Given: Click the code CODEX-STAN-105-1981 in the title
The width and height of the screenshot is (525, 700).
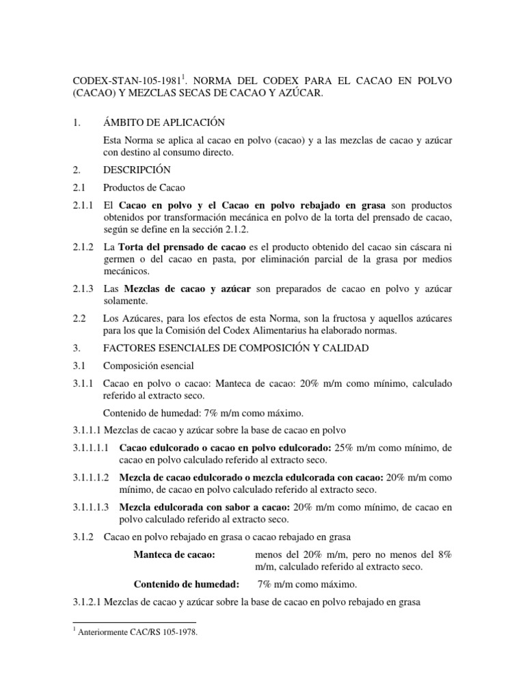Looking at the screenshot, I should pos(126,81).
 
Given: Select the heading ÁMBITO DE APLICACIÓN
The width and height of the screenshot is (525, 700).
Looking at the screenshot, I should pos(163,122).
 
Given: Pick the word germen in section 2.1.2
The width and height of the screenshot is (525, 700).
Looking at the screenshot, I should pos(120,259).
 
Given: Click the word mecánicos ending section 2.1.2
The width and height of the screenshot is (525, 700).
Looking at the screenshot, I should pos(126,271).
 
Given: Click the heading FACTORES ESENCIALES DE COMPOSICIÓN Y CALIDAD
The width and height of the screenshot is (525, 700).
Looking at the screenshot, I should pos(235,349).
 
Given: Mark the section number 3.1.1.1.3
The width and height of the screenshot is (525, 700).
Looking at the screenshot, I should pos(92,507).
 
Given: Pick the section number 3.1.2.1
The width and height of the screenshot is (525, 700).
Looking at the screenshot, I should pos(87,602).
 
